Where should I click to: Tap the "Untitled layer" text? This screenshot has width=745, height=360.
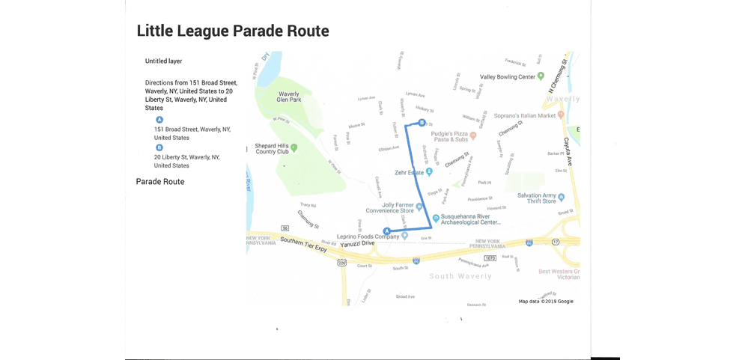point(163,61)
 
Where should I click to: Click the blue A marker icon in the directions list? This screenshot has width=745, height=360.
point(159,120)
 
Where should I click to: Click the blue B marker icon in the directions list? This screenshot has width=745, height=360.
point(159,147)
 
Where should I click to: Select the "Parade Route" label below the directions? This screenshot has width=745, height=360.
point(159,182)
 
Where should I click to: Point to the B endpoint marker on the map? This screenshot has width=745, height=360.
point(422,123)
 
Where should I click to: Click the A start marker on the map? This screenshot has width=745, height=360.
point(386,231)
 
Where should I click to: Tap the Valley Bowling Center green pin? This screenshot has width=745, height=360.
point(541,76)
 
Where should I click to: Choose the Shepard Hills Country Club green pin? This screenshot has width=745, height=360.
point(294,147)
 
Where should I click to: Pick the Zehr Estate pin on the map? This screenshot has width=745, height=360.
point(429,172)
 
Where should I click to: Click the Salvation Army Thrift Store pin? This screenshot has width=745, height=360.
point(561,198)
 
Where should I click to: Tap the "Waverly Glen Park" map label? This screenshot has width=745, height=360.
point(289,97)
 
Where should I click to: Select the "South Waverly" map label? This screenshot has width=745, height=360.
point(460,276)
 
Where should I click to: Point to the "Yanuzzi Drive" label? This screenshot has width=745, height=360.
point(356,243)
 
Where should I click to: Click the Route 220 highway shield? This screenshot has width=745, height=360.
point(342,263)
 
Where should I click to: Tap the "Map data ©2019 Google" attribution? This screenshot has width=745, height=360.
point(546,302)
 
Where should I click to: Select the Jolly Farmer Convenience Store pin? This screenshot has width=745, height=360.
point(420,211)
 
